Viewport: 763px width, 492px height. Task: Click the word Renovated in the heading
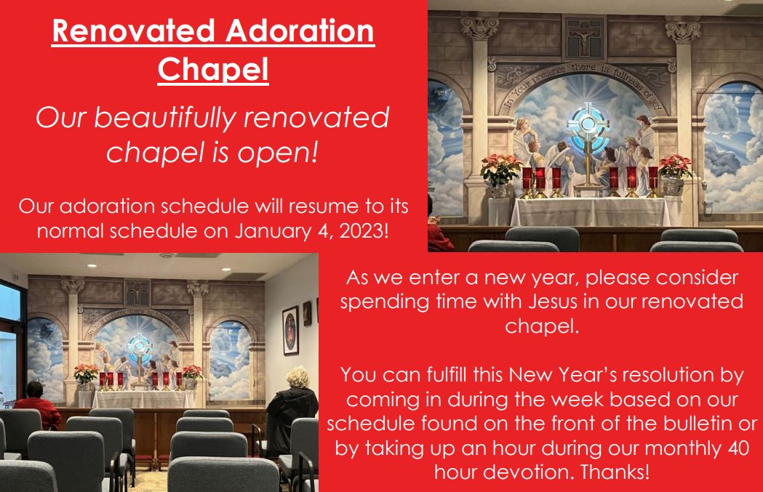point(133,31)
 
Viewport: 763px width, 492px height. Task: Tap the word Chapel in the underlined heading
point(213,70)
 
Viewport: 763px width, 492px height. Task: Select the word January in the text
point(279,231)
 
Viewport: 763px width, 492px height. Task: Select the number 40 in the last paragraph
point(738,447)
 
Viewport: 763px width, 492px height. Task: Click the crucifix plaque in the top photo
point(583,36)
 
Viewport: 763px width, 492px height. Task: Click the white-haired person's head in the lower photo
point(297,378)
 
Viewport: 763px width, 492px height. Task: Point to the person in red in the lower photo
point(36,406)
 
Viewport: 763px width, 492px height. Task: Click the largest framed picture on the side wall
point(290,331)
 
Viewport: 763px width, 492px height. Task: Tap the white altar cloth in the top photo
point(591,211)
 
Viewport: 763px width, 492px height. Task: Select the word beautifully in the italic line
point(164,118)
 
